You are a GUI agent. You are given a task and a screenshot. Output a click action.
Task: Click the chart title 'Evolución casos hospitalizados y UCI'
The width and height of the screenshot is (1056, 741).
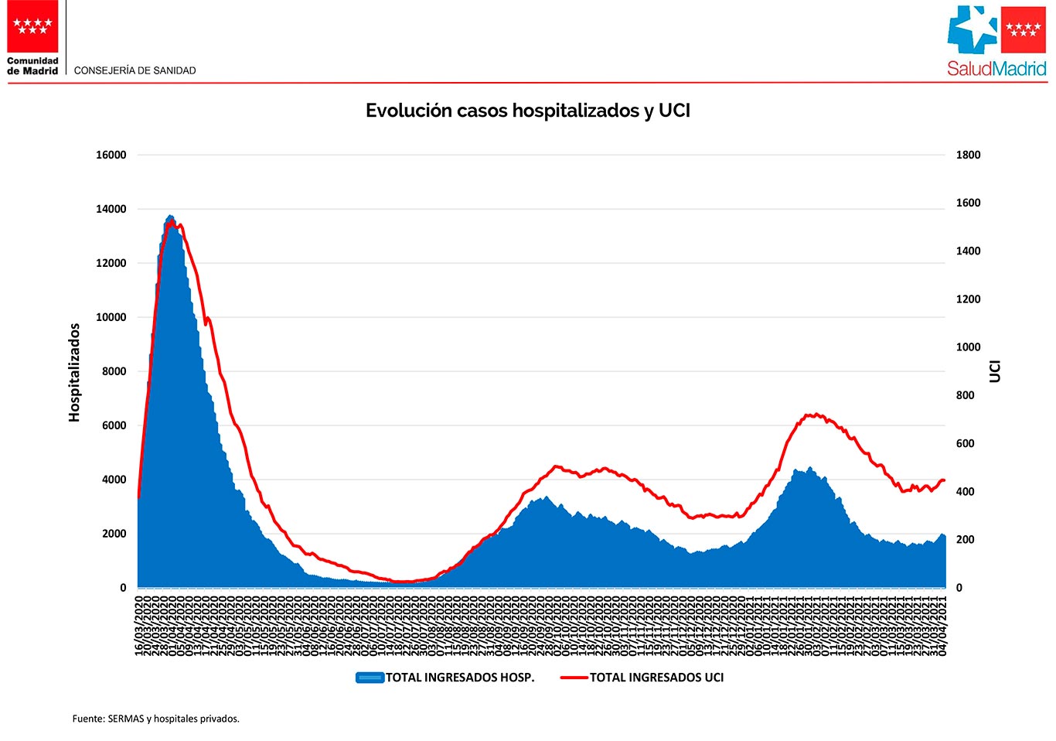[x=527, y=111]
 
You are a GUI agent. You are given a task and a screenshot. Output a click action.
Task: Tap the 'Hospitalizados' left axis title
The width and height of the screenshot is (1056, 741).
[x=74, y=372]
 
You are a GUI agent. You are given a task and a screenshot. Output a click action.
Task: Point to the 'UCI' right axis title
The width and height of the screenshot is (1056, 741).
[x=995, y=371]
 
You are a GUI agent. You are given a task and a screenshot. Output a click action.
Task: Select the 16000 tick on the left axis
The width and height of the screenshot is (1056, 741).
[x=111, y=155]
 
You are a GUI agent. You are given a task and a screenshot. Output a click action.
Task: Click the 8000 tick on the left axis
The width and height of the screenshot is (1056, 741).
[x=114, y=371]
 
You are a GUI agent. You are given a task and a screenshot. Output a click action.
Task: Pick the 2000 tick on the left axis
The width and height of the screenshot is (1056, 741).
[x=114, y=534]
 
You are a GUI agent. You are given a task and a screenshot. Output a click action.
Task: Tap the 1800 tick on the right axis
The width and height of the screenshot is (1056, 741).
[x=968, y=155]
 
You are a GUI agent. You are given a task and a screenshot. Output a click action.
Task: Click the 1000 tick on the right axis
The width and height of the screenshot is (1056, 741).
[x=968, y=347]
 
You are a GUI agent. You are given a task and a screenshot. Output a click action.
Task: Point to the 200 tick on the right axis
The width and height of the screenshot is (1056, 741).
[x=965, y=540]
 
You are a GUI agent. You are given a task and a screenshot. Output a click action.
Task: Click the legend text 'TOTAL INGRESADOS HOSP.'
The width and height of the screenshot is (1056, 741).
[x=460, y=678]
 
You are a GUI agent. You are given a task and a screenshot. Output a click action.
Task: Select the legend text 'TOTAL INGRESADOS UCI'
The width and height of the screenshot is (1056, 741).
[x=656, y=678]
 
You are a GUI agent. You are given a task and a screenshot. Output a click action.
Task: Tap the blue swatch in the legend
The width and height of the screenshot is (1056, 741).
[x=370, y=678]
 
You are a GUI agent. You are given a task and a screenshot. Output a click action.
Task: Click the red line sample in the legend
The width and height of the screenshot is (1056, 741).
[x=574, y=678]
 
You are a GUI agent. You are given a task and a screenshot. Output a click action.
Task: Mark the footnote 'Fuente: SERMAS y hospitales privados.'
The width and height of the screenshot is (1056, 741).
[x=156, y=719]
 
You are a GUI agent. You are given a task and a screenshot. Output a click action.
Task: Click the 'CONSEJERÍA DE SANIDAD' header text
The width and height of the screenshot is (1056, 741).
[x=135, y=70]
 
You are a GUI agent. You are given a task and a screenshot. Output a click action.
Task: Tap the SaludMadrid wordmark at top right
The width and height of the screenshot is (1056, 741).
[x=996, y=69]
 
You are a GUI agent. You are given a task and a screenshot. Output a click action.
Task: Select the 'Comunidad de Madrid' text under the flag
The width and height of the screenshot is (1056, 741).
[x=32, y=66]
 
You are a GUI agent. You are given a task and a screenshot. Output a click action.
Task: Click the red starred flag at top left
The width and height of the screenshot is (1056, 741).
[x=32, y=26]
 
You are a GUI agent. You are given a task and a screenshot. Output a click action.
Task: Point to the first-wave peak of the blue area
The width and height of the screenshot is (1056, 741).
[x=170, y=217]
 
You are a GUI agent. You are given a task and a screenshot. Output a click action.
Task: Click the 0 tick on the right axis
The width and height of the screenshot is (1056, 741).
[x=959, y=588]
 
